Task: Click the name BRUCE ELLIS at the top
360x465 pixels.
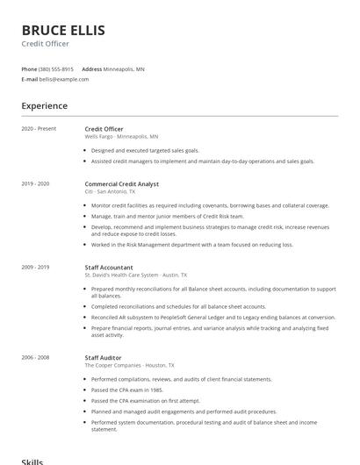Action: click(63, 31)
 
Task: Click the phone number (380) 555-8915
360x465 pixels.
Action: click(56, 68)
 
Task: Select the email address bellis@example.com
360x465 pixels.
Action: click(64, 79)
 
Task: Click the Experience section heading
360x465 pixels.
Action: click(44, 106)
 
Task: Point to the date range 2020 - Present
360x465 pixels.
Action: click(39, 129)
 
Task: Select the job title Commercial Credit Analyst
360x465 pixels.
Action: click(122, 183)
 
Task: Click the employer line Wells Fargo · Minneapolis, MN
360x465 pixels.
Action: click(121, 137)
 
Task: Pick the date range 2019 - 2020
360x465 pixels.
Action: click(36, 183)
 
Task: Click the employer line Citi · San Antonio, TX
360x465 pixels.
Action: click(110, 191)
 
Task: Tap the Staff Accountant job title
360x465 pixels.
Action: click(109, 267)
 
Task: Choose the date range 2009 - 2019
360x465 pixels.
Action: click(36, 267)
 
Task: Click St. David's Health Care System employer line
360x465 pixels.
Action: click(131, 275)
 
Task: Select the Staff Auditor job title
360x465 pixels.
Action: click(104, 357)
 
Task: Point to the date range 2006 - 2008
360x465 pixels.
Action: click(36, 357)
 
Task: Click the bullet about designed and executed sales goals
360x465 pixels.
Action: click(145, 151)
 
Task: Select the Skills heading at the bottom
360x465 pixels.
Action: click(32, 460)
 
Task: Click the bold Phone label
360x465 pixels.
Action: click(29, 68)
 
